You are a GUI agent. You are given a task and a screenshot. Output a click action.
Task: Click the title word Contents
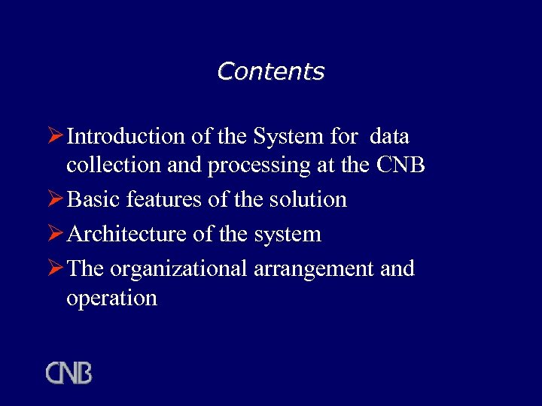(270, 71)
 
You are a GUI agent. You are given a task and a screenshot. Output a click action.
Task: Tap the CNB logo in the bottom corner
(69, 373)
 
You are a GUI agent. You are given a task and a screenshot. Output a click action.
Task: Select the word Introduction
(126, 137)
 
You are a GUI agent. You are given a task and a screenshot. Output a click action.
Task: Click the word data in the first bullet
(390, 137)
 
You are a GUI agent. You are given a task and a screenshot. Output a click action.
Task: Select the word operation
(111, 298)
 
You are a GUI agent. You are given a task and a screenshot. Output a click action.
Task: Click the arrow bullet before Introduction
(55, 137)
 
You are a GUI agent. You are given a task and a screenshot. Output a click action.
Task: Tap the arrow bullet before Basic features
(55, 199)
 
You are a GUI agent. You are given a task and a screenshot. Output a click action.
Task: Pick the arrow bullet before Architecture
(55, 234)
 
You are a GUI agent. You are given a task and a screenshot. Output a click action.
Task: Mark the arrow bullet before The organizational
(55, 268)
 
